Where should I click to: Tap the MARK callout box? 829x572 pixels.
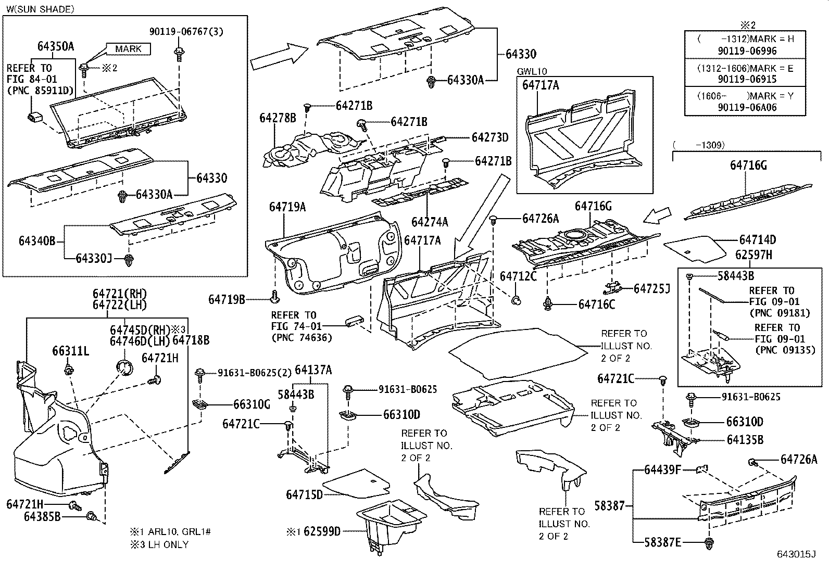pos(128,49)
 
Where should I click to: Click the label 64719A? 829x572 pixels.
pos(287,207)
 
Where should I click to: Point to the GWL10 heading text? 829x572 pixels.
pos(532,72)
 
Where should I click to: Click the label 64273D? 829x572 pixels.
pos(489,137)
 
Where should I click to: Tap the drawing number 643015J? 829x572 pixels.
pos(796,554)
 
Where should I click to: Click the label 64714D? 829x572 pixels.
pos(757,240)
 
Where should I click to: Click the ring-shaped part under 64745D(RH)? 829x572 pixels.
pos(124,368)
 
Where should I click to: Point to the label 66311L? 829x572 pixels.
pos(70,351)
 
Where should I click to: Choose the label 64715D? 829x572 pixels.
pos(304,494)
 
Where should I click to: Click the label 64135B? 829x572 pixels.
pos(745,440)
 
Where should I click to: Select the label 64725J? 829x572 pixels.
pos(651,288)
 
